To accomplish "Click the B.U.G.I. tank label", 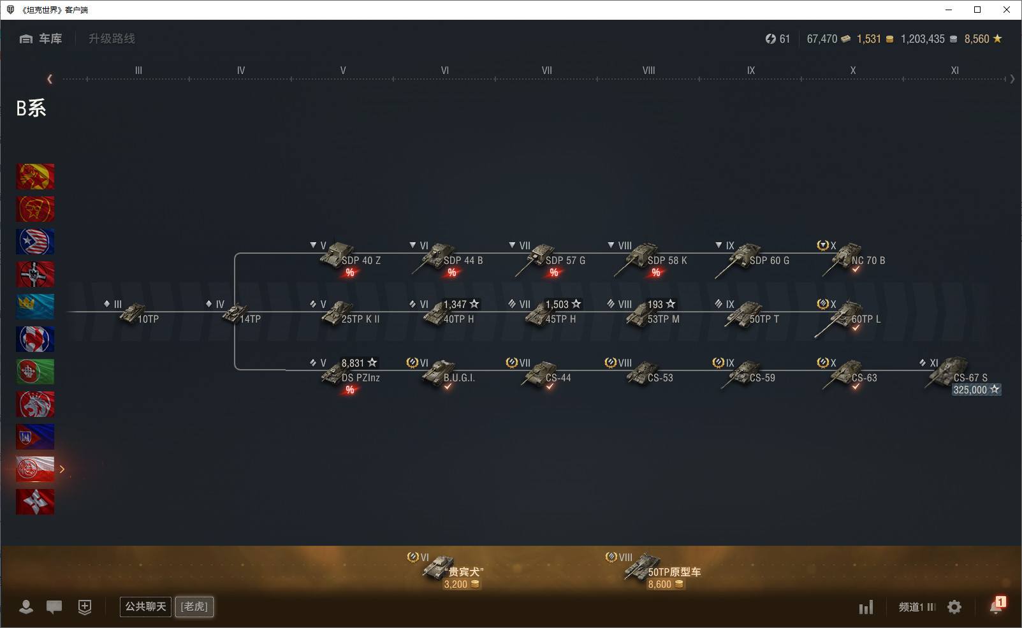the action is (x=459, y=378).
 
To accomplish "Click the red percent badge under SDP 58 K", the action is (x=655, y=272).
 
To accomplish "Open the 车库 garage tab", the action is (x=41, y=39).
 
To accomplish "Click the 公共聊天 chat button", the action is (x=145, y=606).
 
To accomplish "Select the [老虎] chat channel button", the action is (x=194, y=606).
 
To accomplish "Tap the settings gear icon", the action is (x=954, y=607).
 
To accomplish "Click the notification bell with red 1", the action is (x=996, y=606).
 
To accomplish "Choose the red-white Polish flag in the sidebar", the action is (x=35, y=469).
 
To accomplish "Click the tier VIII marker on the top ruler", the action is (x=648, y=70).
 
